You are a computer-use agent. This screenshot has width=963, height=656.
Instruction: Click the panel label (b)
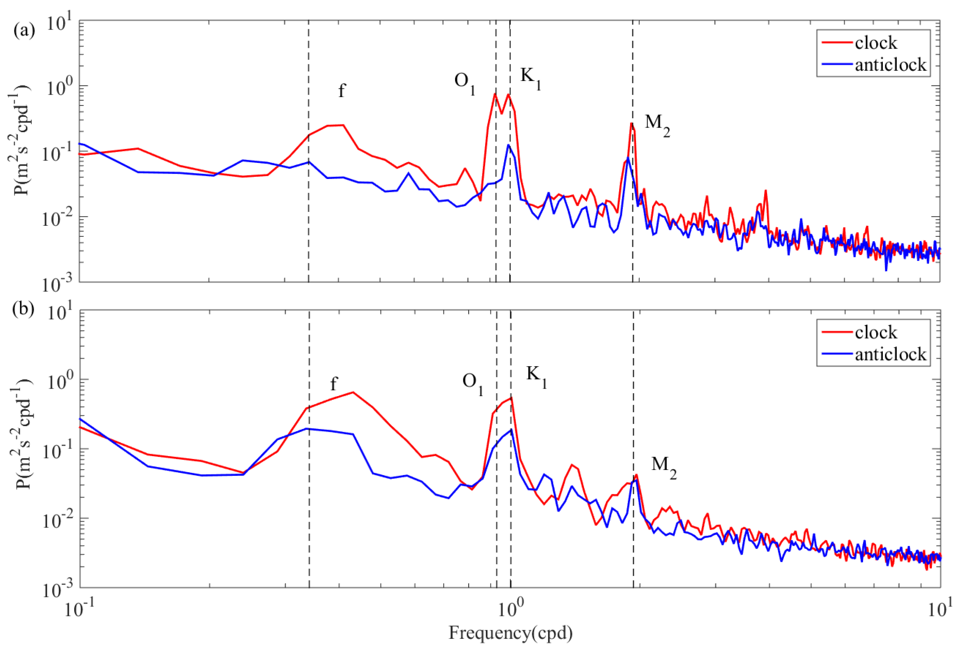(x=24, y=309)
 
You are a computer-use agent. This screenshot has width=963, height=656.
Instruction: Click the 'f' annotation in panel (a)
(x=342, y=90)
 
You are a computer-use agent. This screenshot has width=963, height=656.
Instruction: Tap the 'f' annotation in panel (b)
(x=334, y=384)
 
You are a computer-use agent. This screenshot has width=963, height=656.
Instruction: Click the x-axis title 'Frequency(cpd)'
(x=511, y=632)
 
